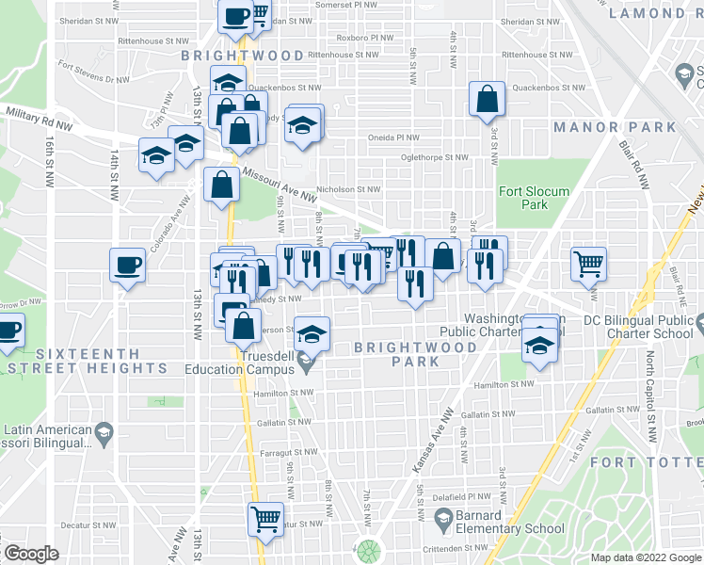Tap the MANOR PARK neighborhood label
click(x=615, y=126)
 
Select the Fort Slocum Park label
click(x=535, y=198)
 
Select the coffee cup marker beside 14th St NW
click(x=128, y=265)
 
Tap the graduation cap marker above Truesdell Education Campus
click(x=312, y=333)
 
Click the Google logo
click(x=32, y=554)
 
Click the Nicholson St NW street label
click(x=347, y=188)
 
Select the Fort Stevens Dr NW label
click(x=91, y=66)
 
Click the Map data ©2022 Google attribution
click(x=646, y=557)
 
